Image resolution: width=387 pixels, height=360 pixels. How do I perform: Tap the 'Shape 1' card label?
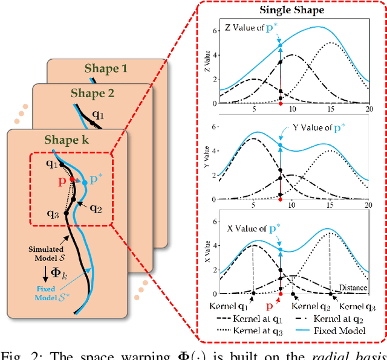pos(106,69)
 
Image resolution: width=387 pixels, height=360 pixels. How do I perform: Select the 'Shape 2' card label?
pos(92,93)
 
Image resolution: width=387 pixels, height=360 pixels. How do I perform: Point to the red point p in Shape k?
pos(72,179)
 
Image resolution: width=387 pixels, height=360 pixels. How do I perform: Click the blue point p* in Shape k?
pos(85,182)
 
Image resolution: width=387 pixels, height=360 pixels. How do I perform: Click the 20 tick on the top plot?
pos(368,110)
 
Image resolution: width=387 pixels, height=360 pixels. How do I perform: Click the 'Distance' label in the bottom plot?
pos(353,288)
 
